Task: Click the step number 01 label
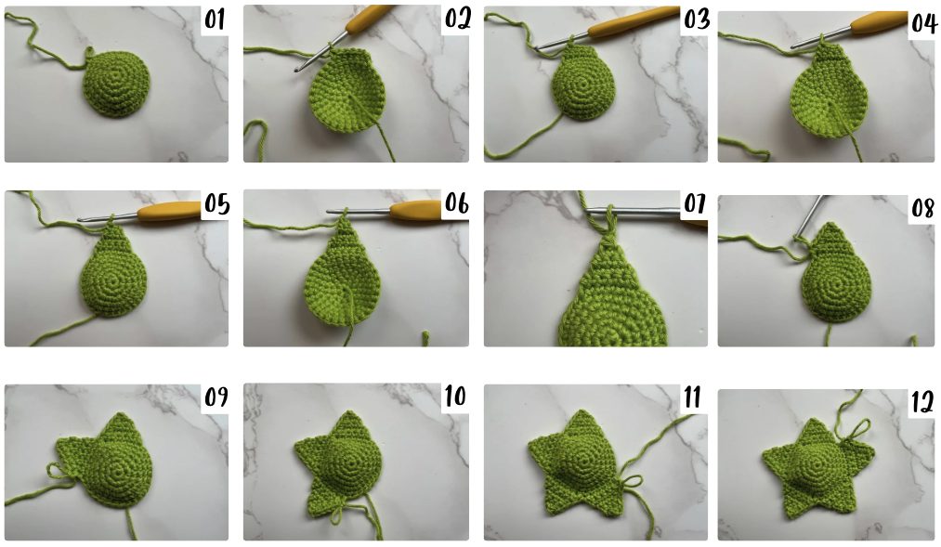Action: coord(215,20)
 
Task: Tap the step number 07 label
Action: coord(694,204)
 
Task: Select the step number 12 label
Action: coord(922,401)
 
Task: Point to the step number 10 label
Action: coord(455,396)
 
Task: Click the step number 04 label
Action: coord(923,23)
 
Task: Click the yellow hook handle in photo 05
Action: coord(169,211)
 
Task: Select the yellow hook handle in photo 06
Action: coord(417,210)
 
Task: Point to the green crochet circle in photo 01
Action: coord(116,84)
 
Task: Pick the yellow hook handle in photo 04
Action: coord(879,24)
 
